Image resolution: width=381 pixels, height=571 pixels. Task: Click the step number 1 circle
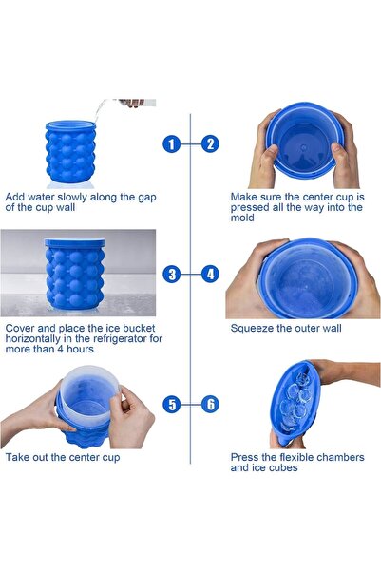[172, 144]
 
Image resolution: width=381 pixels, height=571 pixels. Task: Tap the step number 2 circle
[210, 144]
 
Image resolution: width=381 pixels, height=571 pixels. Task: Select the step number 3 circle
[172, 274]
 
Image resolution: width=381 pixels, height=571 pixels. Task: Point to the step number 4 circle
[210, 274]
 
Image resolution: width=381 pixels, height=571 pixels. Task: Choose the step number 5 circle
[172, 404]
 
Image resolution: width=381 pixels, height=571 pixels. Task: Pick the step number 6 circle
[210, 404]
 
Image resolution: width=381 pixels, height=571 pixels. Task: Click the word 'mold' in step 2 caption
[242, 218]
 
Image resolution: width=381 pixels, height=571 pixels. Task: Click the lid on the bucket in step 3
[75, 242]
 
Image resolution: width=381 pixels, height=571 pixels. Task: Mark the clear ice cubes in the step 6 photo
[295, 401]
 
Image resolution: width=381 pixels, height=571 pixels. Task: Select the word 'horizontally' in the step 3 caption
[33, 339]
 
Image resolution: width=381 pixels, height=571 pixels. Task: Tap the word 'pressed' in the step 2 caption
[250, 208]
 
